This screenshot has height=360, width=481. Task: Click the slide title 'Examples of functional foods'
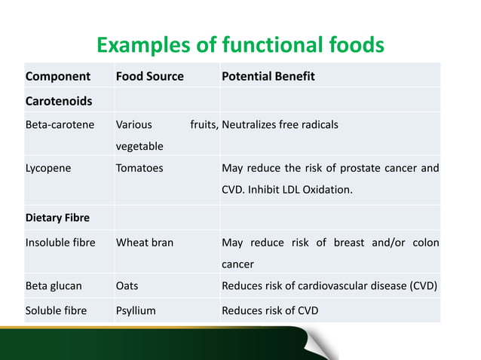pos(240,45)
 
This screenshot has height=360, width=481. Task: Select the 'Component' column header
pos(58,77)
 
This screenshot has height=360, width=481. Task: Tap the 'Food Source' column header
pos(149,77)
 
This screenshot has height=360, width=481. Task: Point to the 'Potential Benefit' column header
pos(268,77)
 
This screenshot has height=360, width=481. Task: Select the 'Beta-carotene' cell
pos(60,124)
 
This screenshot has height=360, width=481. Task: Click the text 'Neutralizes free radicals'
pos(280,124)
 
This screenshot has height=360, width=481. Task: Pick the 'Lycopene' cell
pos(48,168)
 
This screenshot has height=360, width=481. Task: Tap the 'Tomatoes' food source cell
pos(139,168)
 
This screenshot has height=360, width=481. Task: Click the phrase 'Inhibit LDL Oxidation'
pos(308,190)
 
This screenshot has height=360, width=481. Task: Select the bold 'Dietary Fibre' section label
pos(57,218)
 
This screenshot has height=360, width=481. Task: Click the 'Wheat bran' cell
pos(145,243)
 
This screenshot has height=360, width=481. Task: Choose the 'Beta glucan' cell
pos(54,286)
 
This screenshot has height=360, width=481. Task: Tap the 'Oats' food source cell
pos(127,286)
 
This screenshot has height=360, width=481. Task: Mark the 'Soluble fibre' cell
pos(56,310)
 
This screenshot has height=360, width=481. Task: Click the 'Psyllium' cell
pos(136,310)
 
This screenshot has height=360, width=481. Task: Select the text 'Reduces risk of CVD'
pos(270,310)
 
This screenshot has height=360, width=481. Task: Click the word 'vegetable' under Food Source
pos(139,146)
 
